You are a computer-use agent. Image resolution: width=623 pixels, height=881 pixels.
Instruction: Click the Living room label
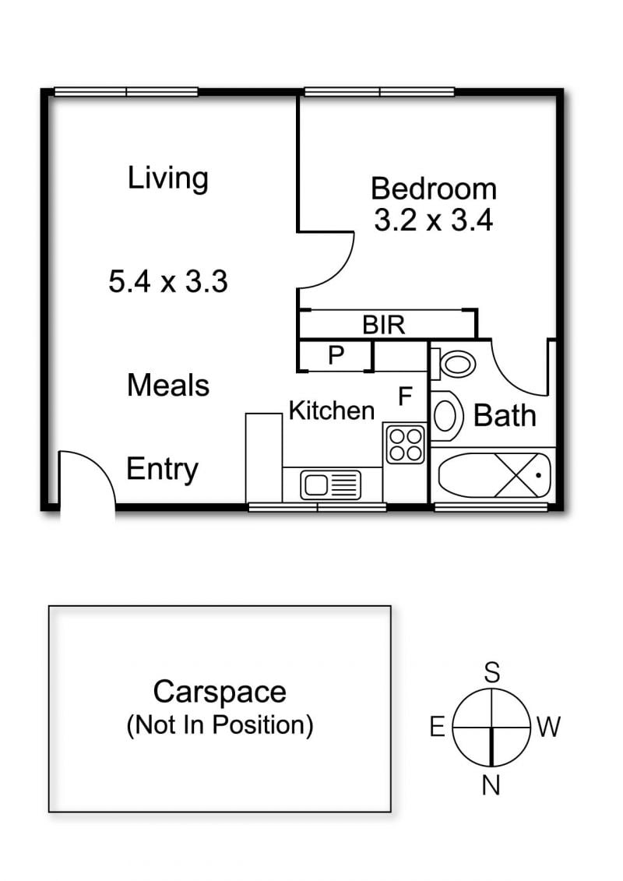pos(168,178)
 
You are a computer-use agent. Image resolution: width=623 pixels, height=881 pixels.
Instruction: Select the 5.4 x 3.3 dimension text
pos(168,281)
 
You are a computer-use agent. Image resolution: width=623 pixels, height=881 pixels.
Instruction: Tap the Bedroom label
pos(434,189)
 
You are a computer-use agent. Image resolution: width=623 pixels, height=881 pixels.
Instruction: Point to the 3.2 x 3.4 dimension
pos(434,220)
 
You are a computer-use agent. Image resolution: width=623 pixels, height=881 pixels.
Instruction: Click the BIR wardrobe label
pos(384,325)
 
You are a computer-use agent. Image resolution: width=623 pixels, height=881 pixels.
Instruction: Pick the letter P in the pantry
pos(336,355)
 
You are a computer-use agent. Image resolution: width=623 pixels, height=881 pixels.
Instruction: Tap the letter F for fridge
pos(405,396)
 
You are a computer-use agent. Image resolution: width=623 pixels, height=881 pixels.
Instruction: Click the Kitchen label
pos(332,411)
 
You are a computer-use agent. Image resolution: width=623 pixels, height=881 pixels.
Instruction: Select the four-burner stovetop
pos(404,444)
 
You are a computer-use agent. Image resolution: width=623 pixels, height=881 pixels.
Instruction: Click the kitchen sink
pos(330,485)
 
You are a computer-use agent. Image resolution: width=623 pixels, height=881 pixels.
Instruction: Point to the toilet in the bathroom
pos(454,364)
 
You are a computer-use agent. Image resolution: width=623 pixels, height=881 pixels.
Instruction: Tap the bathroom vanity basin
pos(445,415)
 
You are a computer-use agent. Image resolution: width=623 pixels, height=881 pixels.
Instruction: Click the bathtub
pos(494,474)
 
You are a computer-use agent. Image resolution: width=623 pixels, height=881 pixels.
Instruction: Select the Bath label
pos(505,416)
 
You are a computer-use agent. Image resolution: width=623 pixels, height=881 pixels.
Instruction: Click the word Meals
pos(168,386)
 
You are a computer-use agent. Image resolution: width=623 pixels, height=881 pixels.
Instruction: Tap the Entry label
pos(162,470)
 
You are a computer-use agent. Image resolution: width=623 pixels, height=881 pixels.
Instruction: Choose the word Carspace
pos(220,692)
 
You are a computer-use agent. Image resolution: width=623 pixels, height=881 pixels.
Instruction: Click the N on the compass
pos(491,785)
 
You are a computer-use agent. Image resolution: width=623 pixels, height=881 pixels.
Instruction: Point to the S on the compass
pos(492,672)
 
